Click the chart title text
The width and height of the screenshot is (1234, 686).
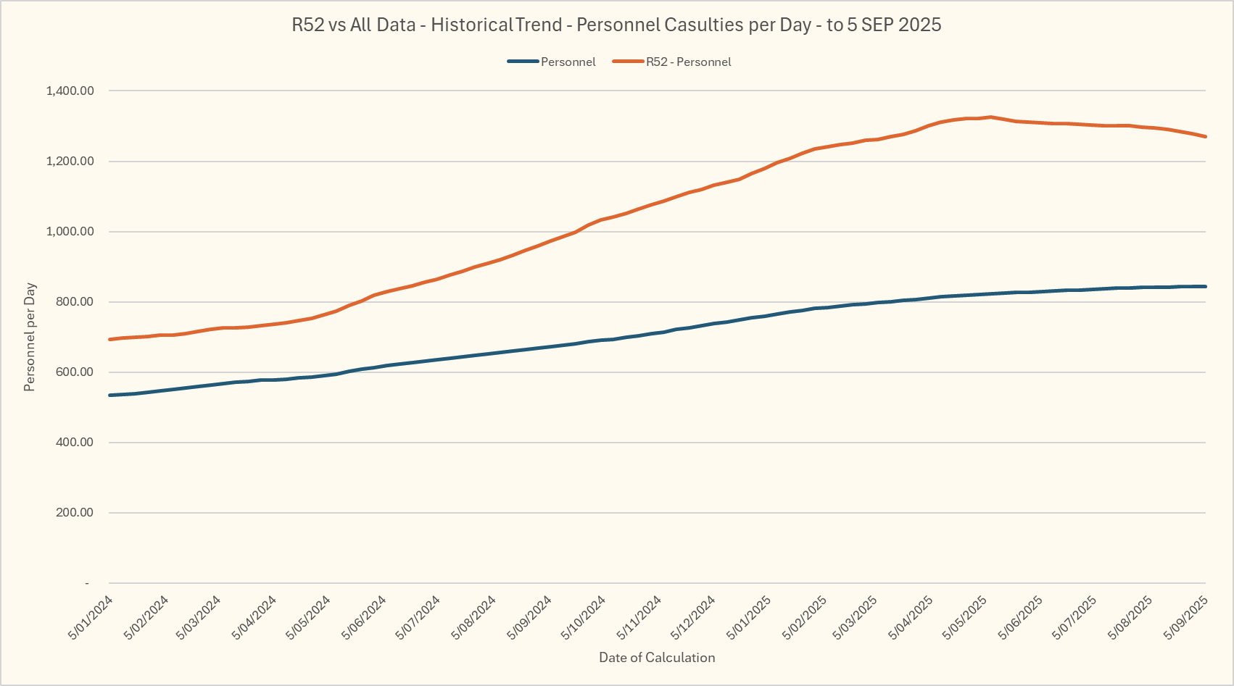[x=616, y=25]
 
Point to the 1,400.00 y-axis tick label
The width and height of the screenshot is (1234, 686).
[x=70, y=91]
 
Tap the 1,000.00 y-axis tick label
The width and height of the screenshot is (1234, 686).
[x=70, y=232]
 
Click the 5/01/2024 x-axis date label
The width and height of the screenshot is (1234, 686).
[x=91, y=617]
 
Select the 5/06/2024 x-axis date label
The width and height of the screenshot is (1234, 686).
[x=365, y=617]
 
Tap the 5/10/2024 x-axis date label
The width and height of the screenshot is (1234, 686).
[x=584, y=617]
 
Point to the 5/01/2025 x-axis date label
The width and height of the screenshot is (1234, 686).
[x=750, y=617]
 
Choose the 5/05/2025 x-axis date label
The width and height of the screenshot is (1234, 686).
[x=965, y=617]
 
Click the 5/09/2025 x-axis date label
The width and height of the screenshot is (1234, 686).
[x=1186, y=617]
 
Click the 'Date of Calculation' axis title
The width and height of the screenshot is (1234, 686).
[x=657, y=658]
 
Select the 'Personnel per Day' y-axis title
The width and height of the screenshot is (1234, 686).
[x=30, y=338]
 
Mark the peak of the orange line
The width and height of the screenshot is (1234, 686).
[x=990, y=117]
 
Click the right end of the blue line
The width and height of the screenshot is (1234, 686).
[x=1205, y=286]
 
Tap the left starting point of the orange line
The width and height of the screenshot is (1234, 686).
[x=109, y=339]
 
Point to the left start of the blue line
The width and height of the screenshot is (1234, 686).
[x=109, y=395]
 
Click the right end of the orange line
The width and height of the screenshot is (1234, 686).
[x=1205, y=136]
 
